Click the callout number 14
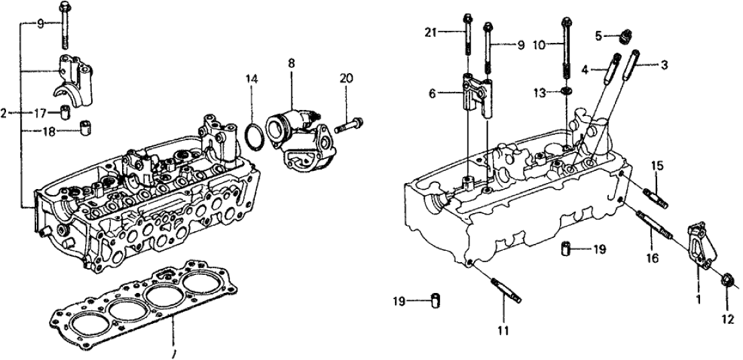point(251,79)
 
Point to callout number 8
point(292,67)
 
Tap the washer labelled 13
point(567,91)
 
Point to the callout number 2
point(5,113)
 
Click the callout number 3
point(665,64)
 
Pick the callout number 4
point(584,68)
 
